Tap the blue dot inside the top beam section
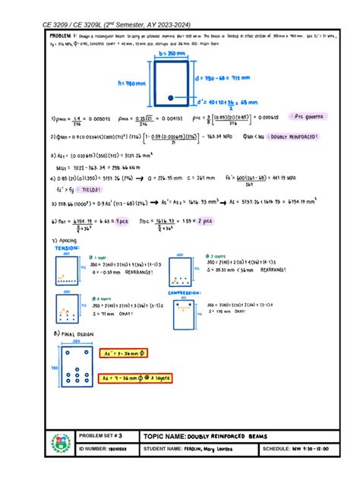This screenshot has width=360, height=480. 171,97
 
